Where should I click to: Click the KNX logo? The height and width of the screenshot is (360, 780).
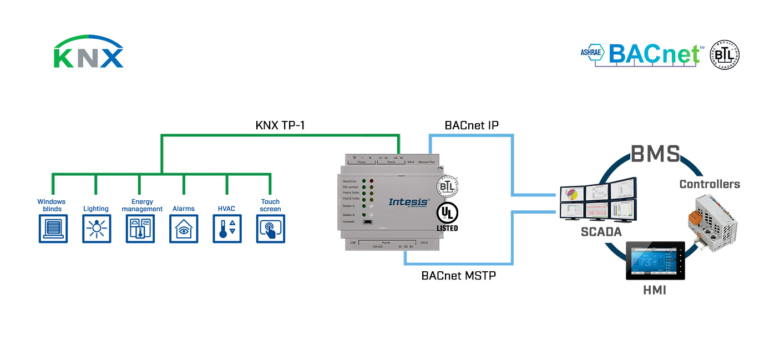coord(88,53)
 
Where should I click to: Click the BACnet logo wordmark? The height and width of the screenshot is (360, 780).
coord(654,54)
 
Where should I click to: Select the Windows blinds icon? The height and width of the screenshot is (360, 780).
coord(53,229)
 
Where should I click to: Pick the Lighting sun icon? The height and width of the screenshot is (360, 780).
coord(97,229)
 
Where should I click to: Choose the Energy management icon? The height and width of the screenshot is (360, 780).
coord(140,229)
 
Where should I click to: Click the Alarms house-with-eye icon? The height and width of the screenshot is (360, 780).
coord(184,229)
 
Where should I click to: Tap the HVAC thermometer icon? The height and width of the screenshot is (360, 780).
coord(227,229)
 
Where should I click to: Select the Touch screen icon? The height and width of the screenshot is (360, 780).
coord(270,229)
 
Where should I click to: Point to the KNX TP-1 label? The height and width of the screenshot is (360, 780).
coord(280,125)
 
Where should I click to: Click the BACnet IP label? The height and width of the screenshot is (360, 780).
coord(472,125)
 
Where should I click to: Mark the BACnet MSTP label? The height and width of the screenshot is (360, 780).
coord(458,275)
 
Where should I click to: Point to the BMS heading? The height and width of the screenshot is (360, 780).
coord(655,153)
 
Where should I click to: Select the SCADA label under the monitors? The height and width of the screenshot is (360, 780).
coord(601,232)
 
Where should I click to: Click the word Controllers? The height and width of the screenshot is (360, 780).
coord(710,184)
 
